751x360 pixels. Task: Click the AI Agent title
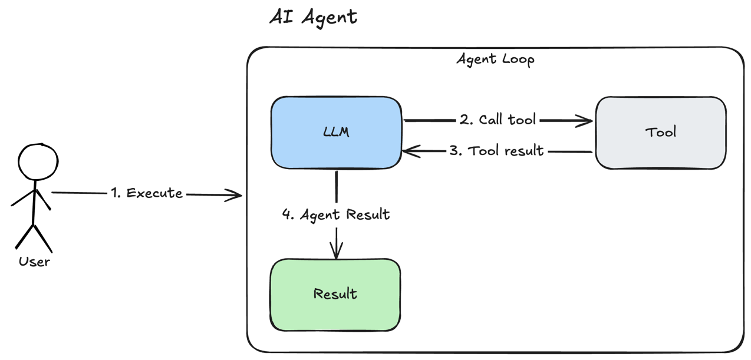point(313,16)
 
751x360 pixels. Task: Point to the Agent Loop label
point(495,60)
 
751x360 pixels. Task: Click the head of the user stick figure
point(38,163)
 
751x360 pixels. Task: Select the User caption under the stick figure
point(34,262)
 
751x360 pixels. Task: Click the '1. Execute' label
point(147,193)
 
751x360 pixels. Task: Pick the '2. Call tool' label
point(498,120)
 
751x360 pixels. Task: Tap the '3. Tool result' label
point(496,151)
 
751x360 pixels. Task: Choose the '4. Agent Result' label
point(336,214)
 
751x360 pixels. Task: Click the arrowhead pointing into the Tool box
point(587,121)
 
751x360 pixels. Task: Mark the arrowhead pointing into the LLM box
point(409,151)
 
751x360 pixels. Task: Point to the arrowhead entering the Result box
point(336,253)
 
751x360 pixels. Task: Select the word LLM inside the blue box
point(337,132)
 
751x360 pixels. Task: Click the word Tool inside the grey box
point(660,132)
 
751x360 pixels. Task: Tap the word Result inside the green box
point(335,293)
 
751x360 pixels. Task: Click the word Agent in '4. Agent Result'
point(320,215)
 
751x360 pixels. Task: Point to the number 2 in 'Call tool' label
point(465,120)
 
